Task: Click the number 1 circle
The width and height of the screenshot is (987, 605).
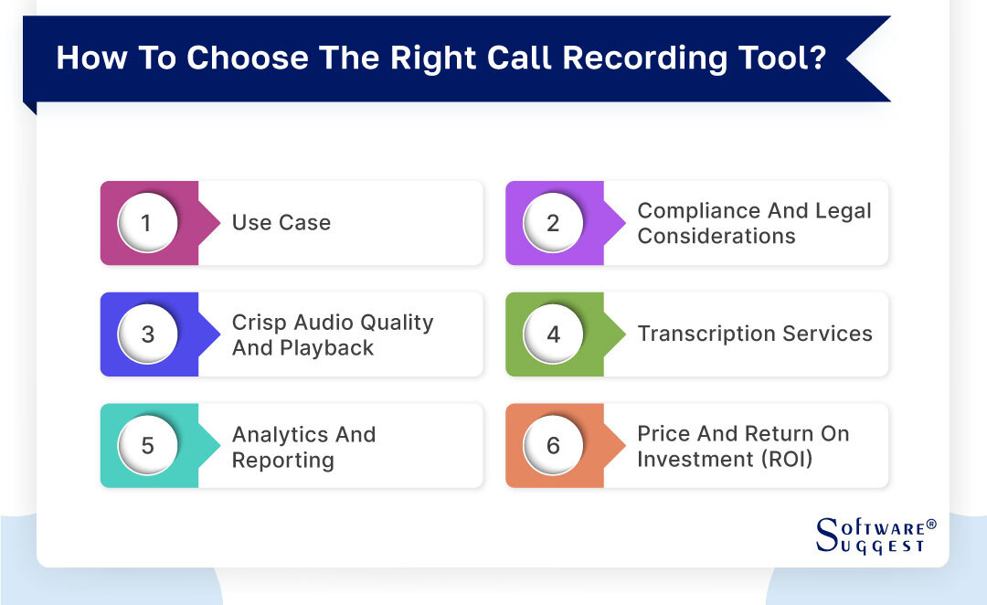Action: click(x=147, y=223)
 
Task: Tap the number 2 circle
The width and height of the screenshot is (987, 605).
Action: click(x=553, y=223)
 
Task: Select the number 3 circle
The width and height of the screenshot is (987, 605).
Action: click(x=147, y=334)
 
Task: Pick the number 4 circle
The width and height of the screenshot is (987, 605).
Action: click(x=553, y=334)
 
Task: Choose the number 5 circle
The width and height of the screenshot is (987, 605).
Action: click(x=147, y=446)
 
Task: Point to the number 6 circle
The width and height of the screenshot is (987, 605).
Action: click(x=553, y=446)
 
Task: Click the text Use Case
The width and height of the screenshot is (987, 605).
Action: click(x=281, y=223)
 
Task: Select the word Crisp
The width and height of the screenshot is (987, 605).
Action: click(x=260, y=323)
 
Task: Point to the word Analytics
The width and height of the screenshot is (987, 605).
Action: click(x=278, y=434)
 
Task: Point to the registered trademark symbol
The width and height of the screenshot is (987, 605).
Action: click(x=931, y=525)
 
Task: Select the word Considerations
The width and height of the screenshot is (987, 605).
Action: click(x=716, y=236)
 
